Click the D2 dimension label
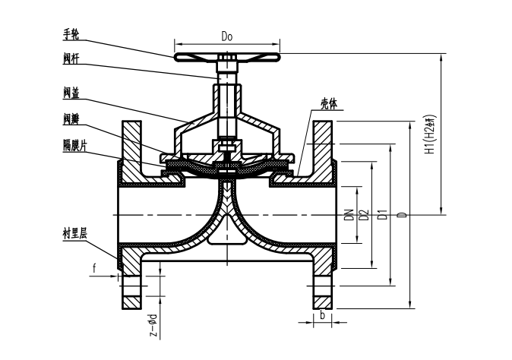click(x=363, y=215)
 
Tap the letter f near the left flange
click(x=94, y=267)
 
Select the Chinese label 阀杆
click(x=73, y=58)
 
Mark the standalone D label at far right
click(x=404, y=215)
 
